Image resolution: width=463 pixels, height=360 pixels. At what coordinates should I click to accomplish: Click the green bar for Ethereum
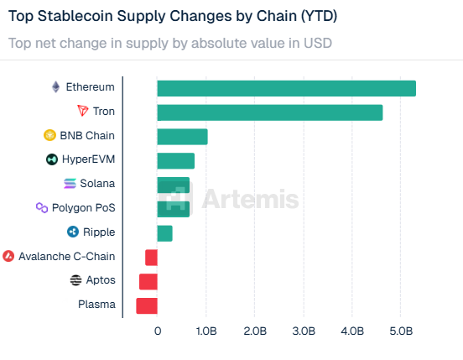point(286,88)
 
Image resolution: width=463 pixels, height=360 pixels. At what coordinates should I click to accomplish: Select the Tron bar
point(269,112)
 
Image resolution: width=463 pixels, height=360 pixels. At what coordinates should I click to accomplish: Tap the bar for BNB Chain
point(182,137)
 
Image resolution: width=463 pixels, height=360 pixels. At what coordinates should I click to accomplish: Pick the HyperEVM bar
point(175,161)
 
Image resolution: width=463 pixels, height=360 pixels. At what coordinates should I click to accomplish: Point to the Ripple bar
point(164,233)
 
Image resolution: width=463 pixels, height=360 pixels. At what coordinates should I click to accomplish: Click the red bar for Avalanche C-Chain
point(151,258)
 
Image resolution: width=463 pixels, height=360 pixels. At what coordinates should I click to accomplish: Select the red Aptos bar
point(148,282)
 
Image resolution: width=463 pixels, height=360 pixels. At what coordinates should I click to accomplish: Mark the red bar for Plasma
point(147,305)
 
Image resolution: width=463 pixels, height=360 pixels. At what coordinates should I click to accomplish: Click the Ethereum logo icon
point(56,86)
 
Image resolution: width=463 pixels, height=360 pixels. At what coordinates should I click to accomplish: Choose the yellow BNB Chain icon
point(49,135)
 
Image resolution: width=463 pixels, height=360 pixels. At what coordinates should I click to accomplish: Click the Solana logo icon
point(70,184)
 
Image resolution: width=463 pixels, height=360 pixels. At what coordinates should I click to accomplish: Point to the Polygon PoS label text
point(83,207)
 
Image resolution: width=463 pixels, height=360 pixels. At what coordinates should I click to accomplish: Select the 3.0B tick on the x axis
point(304,332)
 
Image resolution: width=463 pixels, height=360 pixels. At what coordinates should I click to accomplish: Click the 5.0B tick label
point(401,332)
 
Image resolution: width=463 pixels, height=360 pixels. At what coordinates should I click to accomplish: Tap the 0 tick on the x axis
point(158,332)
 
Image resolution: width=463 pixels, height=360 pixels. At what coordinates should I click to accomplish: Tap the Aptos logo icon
point(76,280)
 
